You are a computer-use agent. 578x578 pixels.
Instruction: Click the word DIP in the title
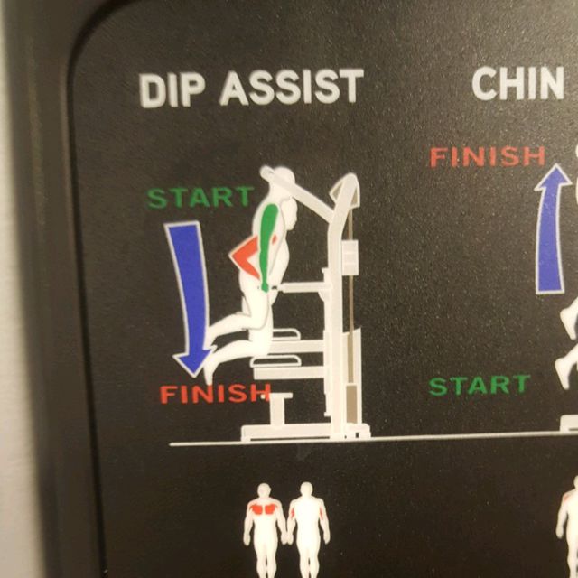[175, 89]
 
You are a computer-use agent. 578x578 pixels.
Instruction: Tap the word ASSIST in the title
[291, 87]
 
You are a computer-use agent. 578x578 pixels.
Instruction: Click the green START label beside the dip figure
[200, 197]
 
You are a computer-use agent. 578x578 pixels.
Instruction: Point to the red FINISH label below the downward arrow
[215, 393]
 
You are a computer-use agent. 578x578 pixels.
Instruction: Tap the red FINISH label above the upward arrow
[487, 157]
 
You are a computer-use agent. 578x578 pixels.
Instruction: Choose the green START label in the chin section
[479, 386]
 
